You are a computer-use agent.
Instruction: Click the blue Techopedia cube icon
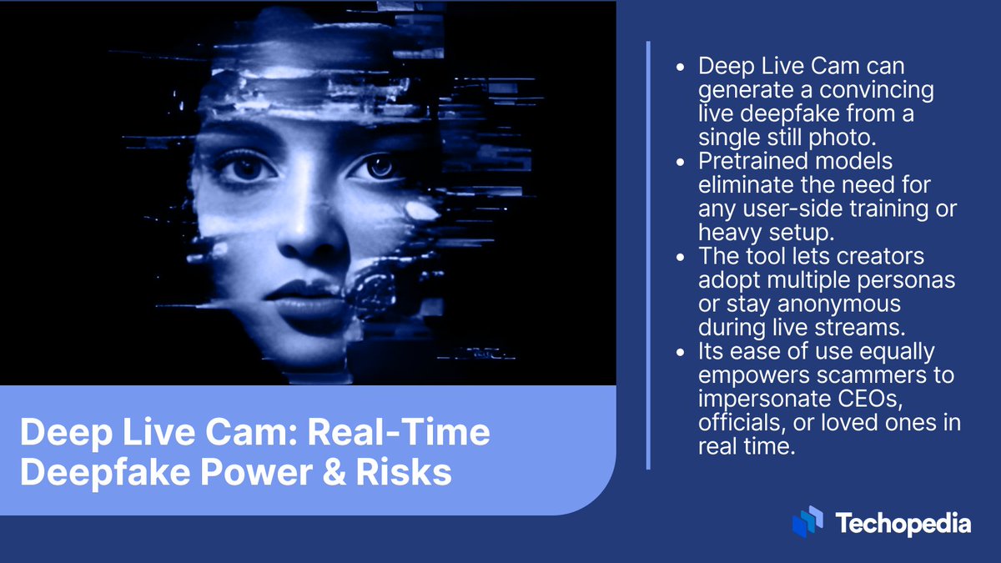pos(807,521)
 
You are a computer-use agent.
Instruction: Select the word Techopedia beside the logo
pos(903,524)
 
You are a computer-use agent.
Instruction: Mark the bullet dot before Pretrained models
pos(684,160)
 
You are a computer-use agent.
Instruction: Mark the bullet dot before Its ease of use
pos(684,351)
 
